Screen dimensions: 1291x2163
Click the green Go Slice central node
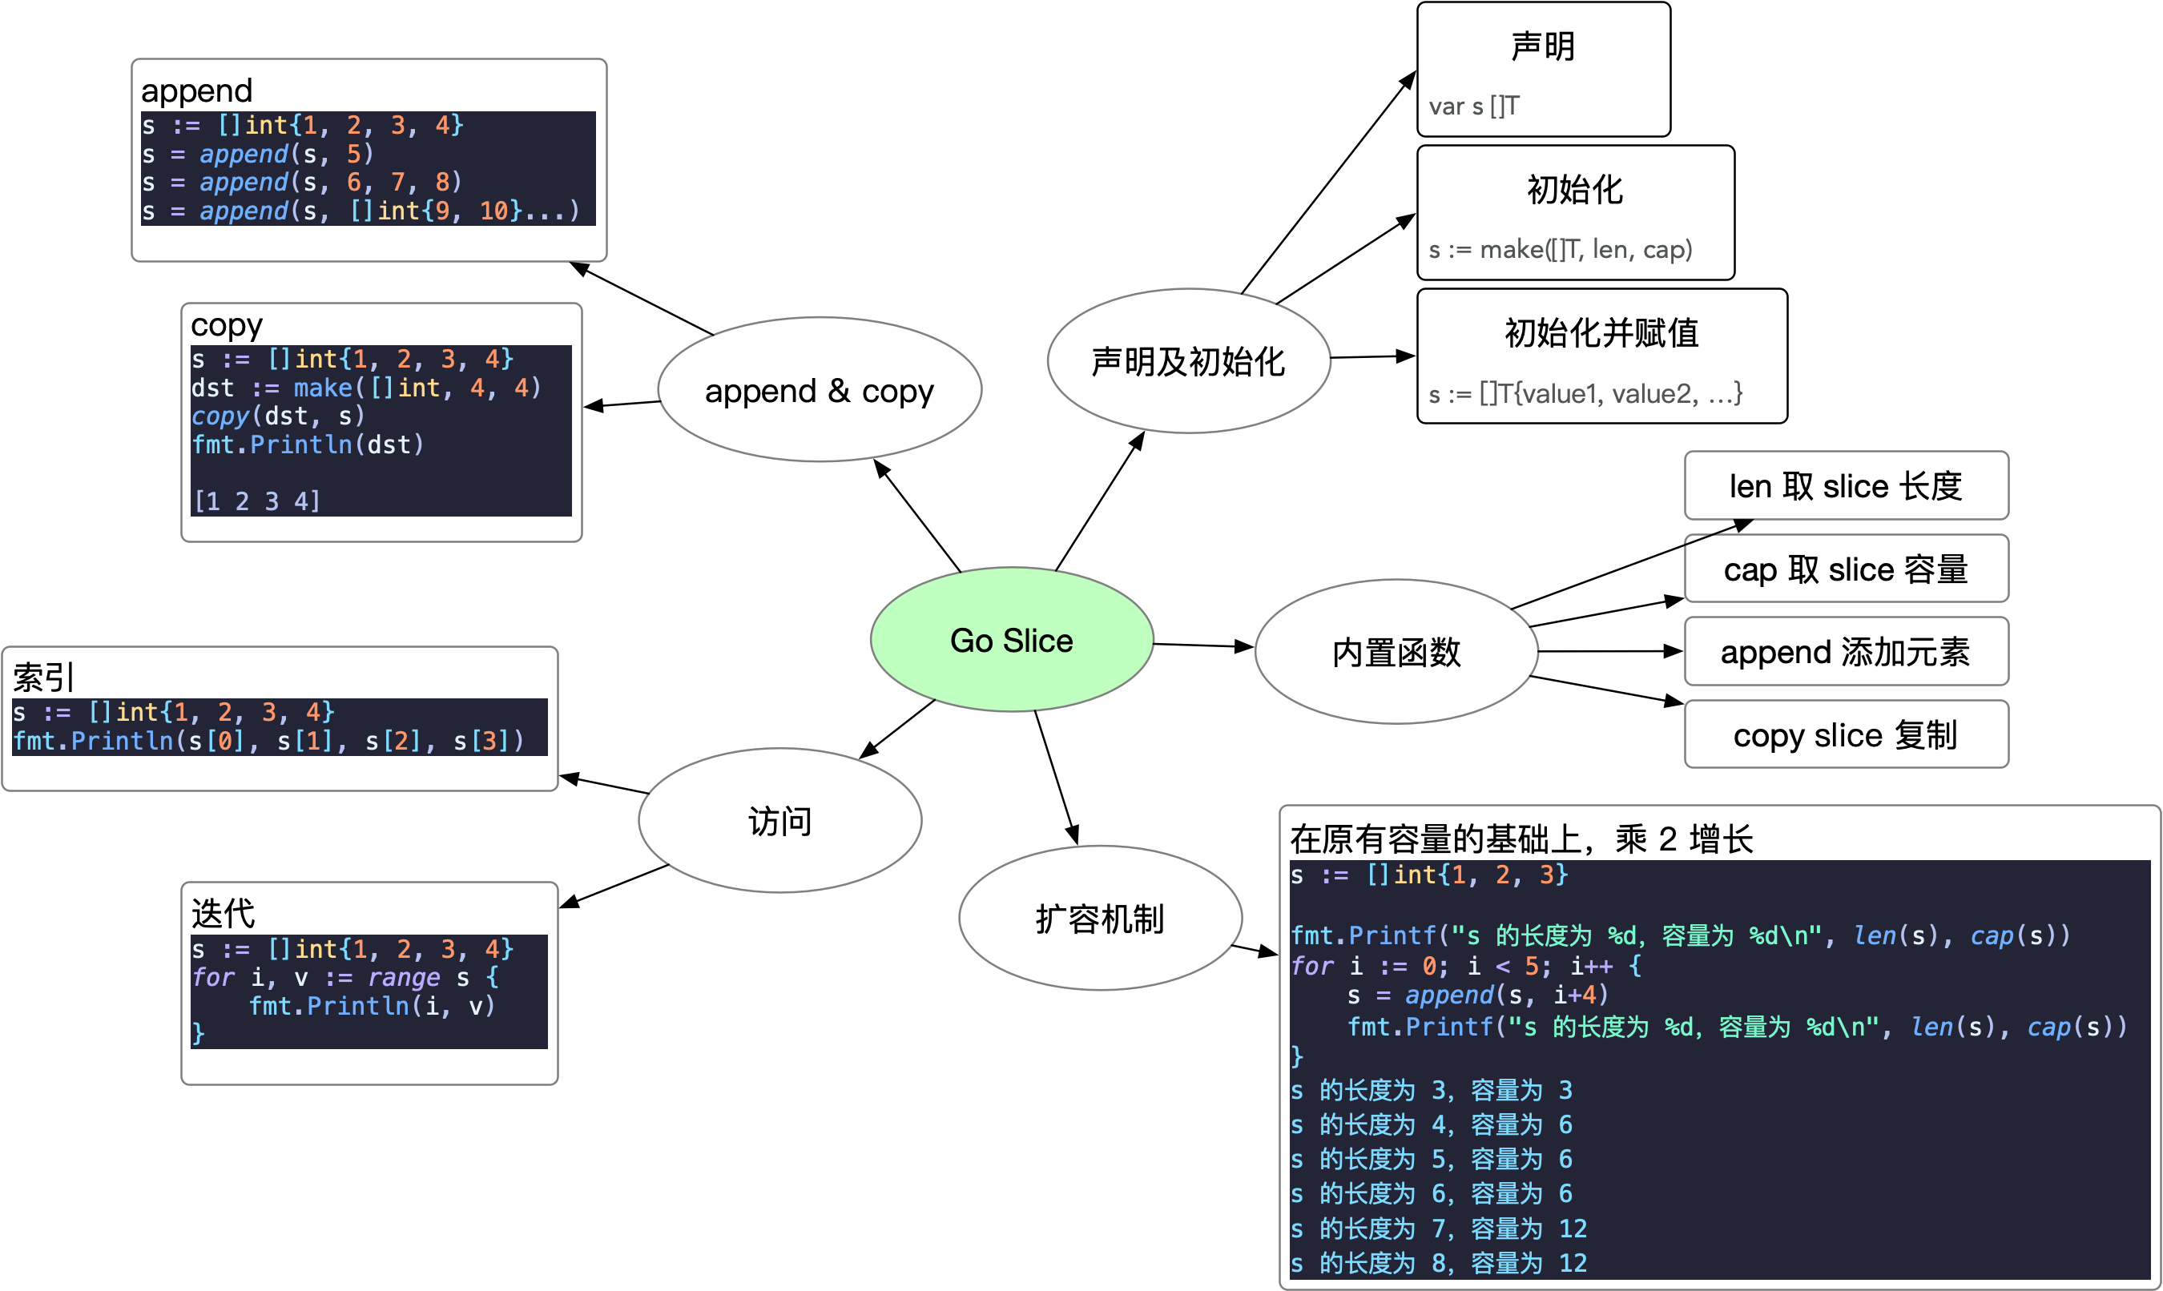pyautogui.click(x=1011, y=639)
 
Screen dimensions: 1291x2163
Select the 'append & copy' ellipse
pyautogui.click(x=819, y=390)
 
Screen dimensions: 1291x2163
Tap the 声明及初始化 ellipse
pyautogui.click(x=1188, y=361)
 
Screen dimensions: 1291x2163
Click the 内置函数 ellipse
pyautogui.click(x=1396, y=652)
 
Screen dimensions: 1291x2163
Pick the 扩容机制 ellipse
pyautogui.click(x=1100, y=918)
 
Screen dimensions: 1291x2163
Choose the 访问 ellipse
pyautogui.click(x=779, y=820)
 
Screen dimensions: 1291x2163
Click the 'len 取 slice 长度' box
pyautogui.click(x=1846, y=485)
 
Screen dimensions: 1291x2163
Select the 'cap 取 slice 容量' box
pyautogui.click(x=1846, y=569)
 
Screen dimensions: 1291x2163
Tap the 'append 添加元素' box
pyautogui.click(x=1846, y=652)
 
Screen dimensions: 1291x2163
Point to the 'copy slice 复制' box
pyautogui.click(x=1846, y=734)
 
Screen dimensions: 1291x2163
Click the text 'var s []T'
pyautogui.click(x=1474, y=107)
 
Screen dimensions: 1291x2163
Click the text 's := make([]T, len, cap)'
pyautogui.click(x=1560, y=250)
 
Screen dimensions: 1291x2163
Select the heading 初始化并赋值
pyautogui.click(x=1601, y=332)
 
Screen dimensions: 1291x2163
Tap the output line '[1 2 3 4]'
pyautogui.click(x=256, y=501)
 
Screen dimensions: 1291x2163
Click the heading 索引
pyautogui.click(x=43, y=677)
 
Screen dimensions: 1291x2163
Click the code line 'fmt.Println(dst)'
pyautogui.click(x=307, y=444)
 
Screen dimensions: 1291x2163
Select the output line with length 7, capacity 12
pyautogui.click(x=1438, y=1229)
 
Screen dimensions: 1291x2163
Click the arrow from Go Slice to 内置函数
pyautogui.click(x=1202, y=645)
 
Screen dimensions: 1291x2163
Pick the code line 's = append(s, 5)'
pyautogui.click(x=257, y=154)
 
